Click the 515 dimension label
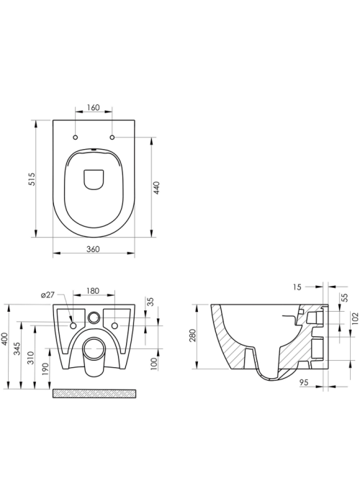32,179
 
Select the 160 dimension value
94,107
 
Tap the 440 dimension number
157,188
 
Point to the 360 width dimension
94,249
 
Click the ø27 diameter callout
48,295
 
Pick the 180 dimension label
93,291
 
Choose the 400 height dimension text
6,339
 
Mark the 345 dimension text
18,348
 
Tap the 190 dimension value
45,369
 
